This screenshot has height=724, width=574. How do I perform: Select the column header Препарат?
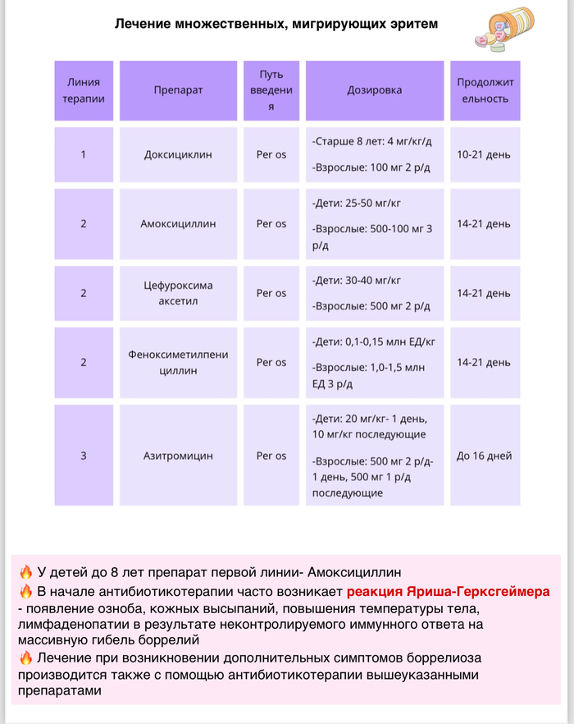pos(178,90)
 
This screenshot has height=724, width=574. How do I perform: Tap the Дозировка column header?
pos(375,90)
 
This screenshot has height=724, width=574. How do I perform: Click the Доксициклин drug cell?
pos(178,154)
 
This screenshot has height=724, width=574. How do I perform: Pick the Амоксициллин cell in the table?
pos(178,223)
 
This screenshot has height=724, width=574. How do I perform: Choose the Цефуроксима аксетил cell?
pos(178,293)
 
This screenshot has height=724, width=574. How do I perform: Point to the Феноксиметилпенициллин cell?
pos(178,362)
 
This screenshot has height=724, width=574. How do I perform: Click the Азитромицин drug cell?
pos(178,456)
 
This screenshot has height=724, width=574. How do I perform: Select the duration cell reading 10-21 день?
pos(484,154)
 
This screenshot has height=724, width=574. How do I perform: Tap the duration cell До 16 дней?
pos(484,456)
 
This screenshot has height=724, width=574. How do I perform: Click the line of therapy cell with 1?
pos(84,154)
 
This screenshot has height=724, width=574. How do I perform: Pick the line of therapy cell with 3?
pos(84,456)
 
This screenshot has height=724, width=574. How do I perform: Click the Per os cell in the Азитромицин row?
pos(271,456)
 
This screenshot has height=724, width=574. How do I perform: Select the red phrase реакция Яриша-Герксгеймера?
pos(448,592)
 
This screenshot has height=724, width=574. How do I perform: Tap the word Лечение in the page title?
pos(143,24)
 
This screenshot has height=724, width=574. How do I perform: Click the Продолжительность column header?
pos(484,90)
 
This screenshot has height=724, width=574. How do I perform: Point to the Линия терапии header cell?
pos(84,90)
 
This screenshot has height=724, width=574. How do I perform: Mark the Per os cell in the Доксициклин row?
pos(271,154)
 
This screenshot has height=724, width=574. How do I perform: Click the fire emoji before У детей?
pos(26,573)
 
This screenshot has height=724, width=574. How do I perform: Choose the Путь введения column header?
pos(271,90)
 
